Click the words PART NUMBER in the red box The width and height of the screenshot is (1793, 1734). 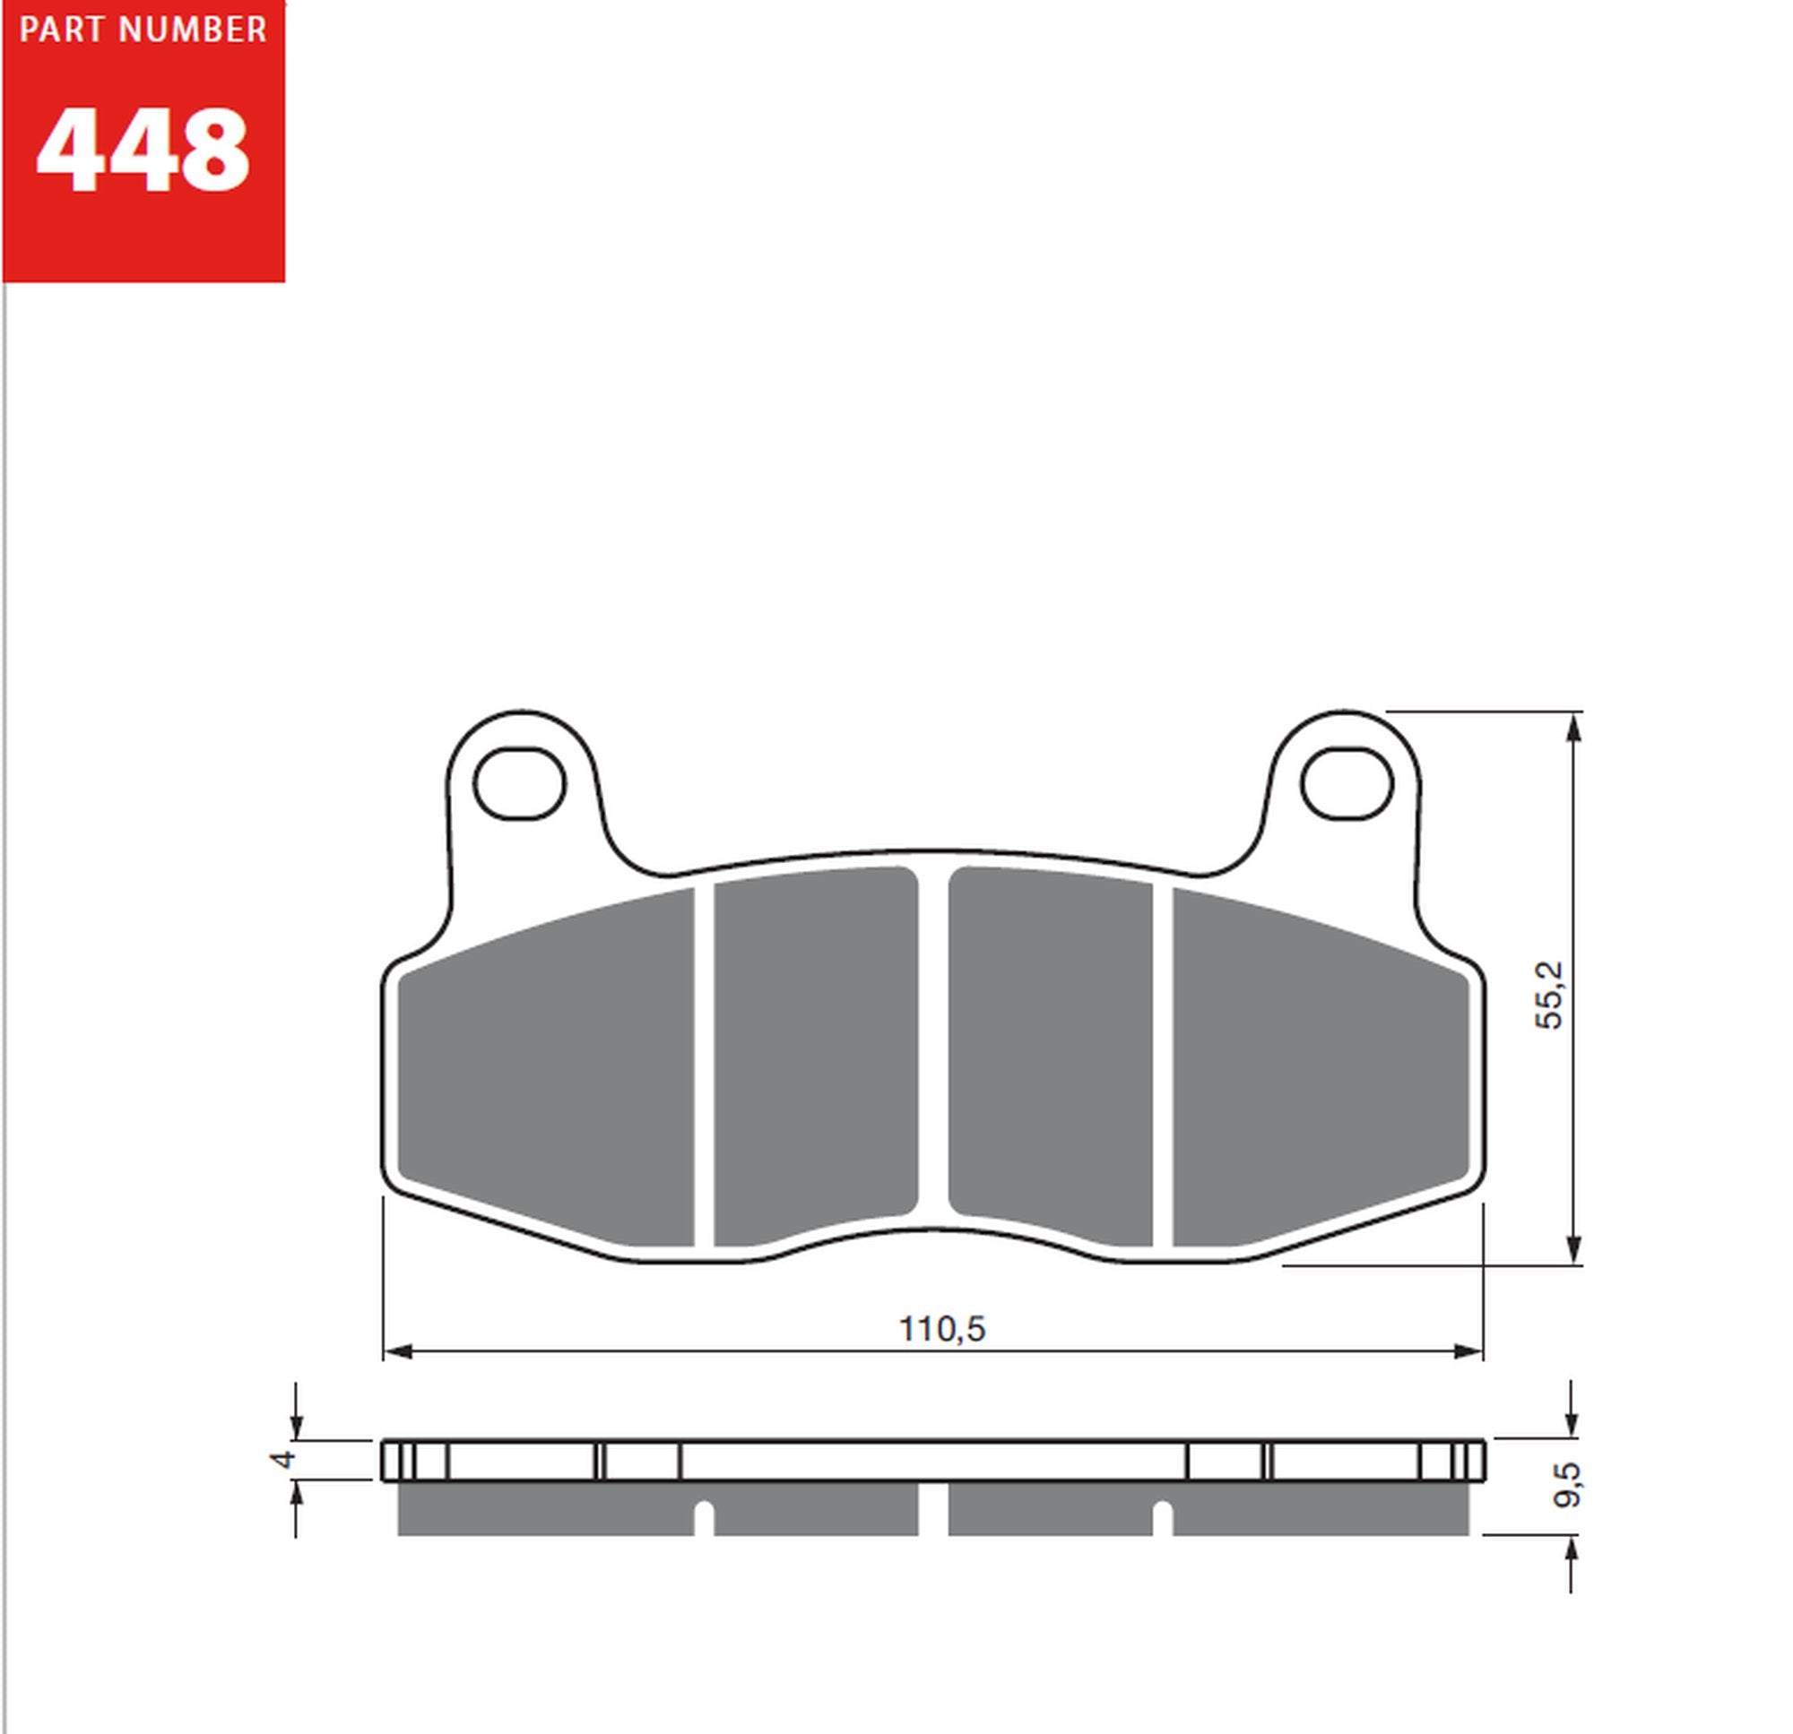(x=143, y=31)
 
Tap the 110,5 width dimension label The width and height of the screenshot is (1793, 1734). (x=941, y=1330)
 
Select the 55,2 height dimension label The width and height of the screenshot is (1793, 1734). (x=1551, y=996)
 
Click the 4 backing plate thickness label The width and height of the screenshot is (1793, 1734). (x=284, y=1458)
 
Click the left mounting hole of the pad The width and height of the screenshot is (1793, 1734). (x=520, y=783)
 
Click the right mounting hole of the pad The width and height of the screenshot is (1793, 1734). (x=1347, y=783)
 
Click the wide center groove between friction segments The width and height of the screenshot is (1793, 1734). (x=933, y=1052)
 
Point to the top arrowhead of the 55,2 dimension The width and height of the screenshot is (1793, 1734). (x=1574, y=728)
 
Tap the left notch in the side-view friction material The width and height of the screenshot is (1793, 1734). (x=704, y=1518)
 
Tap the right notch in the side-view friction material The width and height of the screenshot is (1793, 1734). (x=1162, y=1518)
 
